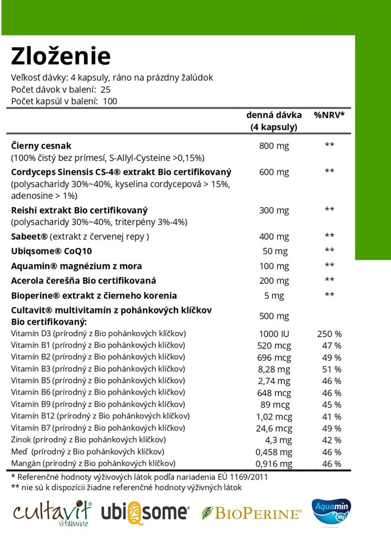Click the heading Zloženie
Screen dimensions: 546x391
click(x=61, y=56)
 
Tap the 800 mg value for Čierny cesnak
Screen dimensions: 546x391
click(x=274, y=146)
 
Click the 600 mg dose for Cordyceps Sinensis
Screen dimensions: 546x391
click(x=274, y=172)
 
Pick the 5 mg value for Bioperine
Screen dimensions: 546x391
click(x=274, y=296)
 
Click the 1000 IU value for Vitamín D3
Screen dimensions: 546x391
click(x=274, y=334)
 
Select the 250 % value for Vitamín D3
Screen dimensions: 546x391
click(x=330, y=334)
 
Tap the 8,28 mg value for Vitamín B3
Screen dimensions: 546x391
click(x=274, y=369)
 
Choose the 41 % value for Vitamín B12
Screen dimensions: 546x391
click(x=332, y=416)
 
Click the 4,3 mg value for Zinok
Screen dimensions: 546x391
click(x=274, y=440)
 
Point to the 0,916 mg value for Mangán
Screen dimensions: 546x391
click(x=274, y=464)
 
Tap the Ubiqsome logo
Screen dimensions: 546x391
click(x=145, y=513)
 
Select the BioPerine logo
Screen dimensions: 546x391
click(x=251, y=514)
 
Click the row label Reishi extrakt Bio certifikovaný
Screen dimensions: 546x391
click(x=79, y=210)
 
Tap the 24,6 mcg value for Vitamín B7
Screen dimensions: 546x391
click(x=274, y=428)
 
